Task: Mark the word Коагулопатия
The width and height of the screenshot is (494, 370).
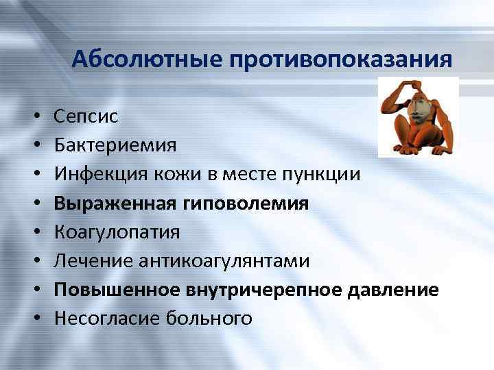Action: tap(117, 232)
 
